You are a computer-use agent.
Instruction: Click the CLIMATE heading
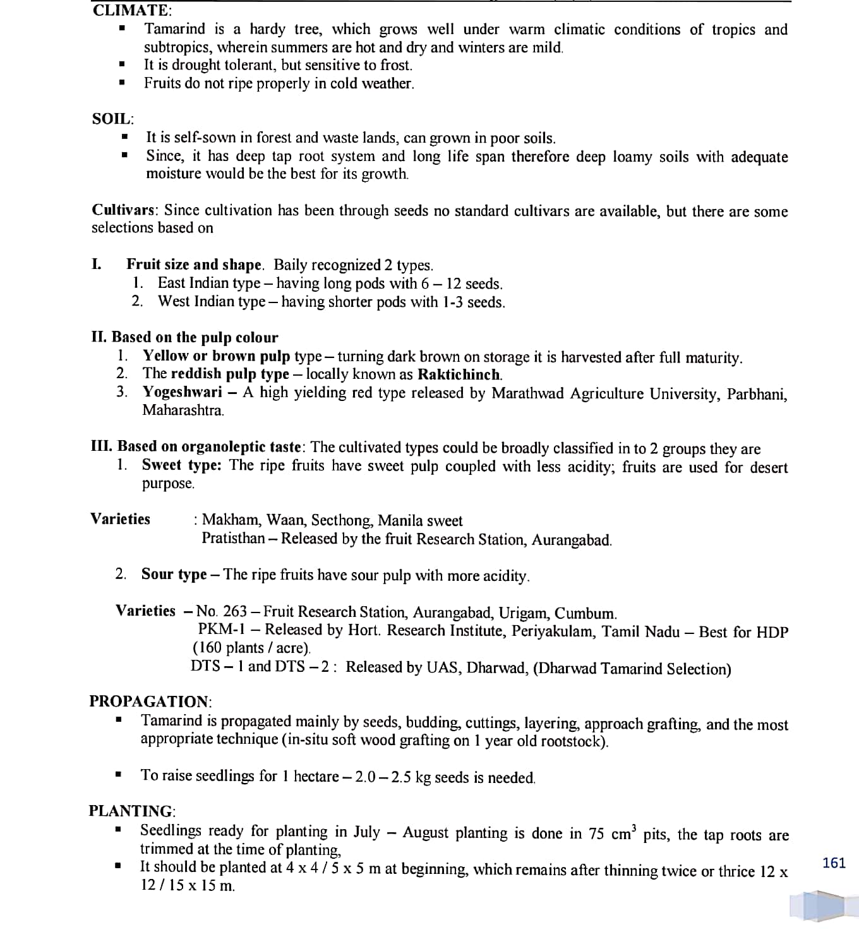(x=131, y=10)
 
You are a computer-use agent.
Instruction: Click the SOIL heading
(x=112, y=119)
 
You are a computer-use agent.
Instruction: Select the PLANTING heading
(x=132, y=811)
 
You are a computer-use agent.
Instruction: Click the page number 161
(x=834, y=863)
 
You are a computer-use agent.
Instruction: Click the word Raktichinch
(x=460, y=374)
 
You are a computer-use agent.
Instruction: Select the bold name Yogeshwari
(x=182, y=392)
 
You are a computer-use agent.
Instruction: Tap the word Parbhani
(x=757, y=394)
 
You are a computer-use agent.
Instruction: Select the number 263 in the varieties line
(x=235, y=611)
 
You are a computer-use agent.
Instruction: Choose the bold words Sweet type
(x=181, y=465)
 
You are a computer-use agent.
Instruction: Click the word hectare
(x=316, y=776)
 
